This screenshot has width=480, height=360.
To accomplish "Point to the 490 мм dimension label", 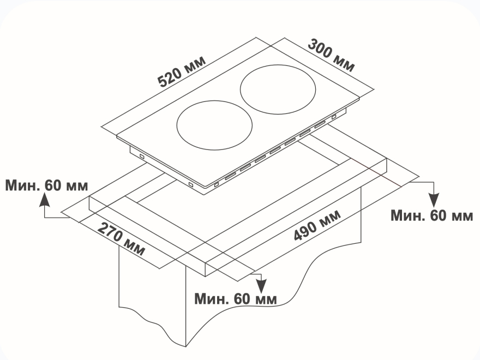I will click(x=317, y=224).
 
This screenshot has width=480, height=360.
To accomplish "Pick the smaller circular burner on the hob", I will click(x=214, y=125).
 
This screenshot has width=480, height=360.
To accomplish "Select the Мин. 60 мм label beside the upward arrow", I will click(x=46, y=185).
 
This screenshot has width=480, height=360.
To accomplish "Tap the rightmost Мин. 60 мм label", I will click(x=432, y=215).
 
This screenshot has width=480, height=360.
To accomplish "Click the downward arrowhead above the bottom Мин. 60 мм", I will click(x=262, y=285).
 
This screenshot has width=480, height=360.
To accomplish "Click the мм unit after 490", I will click(x=329, y=217).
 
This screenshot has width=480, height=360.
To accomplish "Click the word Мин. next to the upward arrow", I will click(x=22, y=185).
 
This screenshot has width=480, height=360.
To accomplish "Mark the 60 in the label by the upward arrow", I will click(x=53, y=185).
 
